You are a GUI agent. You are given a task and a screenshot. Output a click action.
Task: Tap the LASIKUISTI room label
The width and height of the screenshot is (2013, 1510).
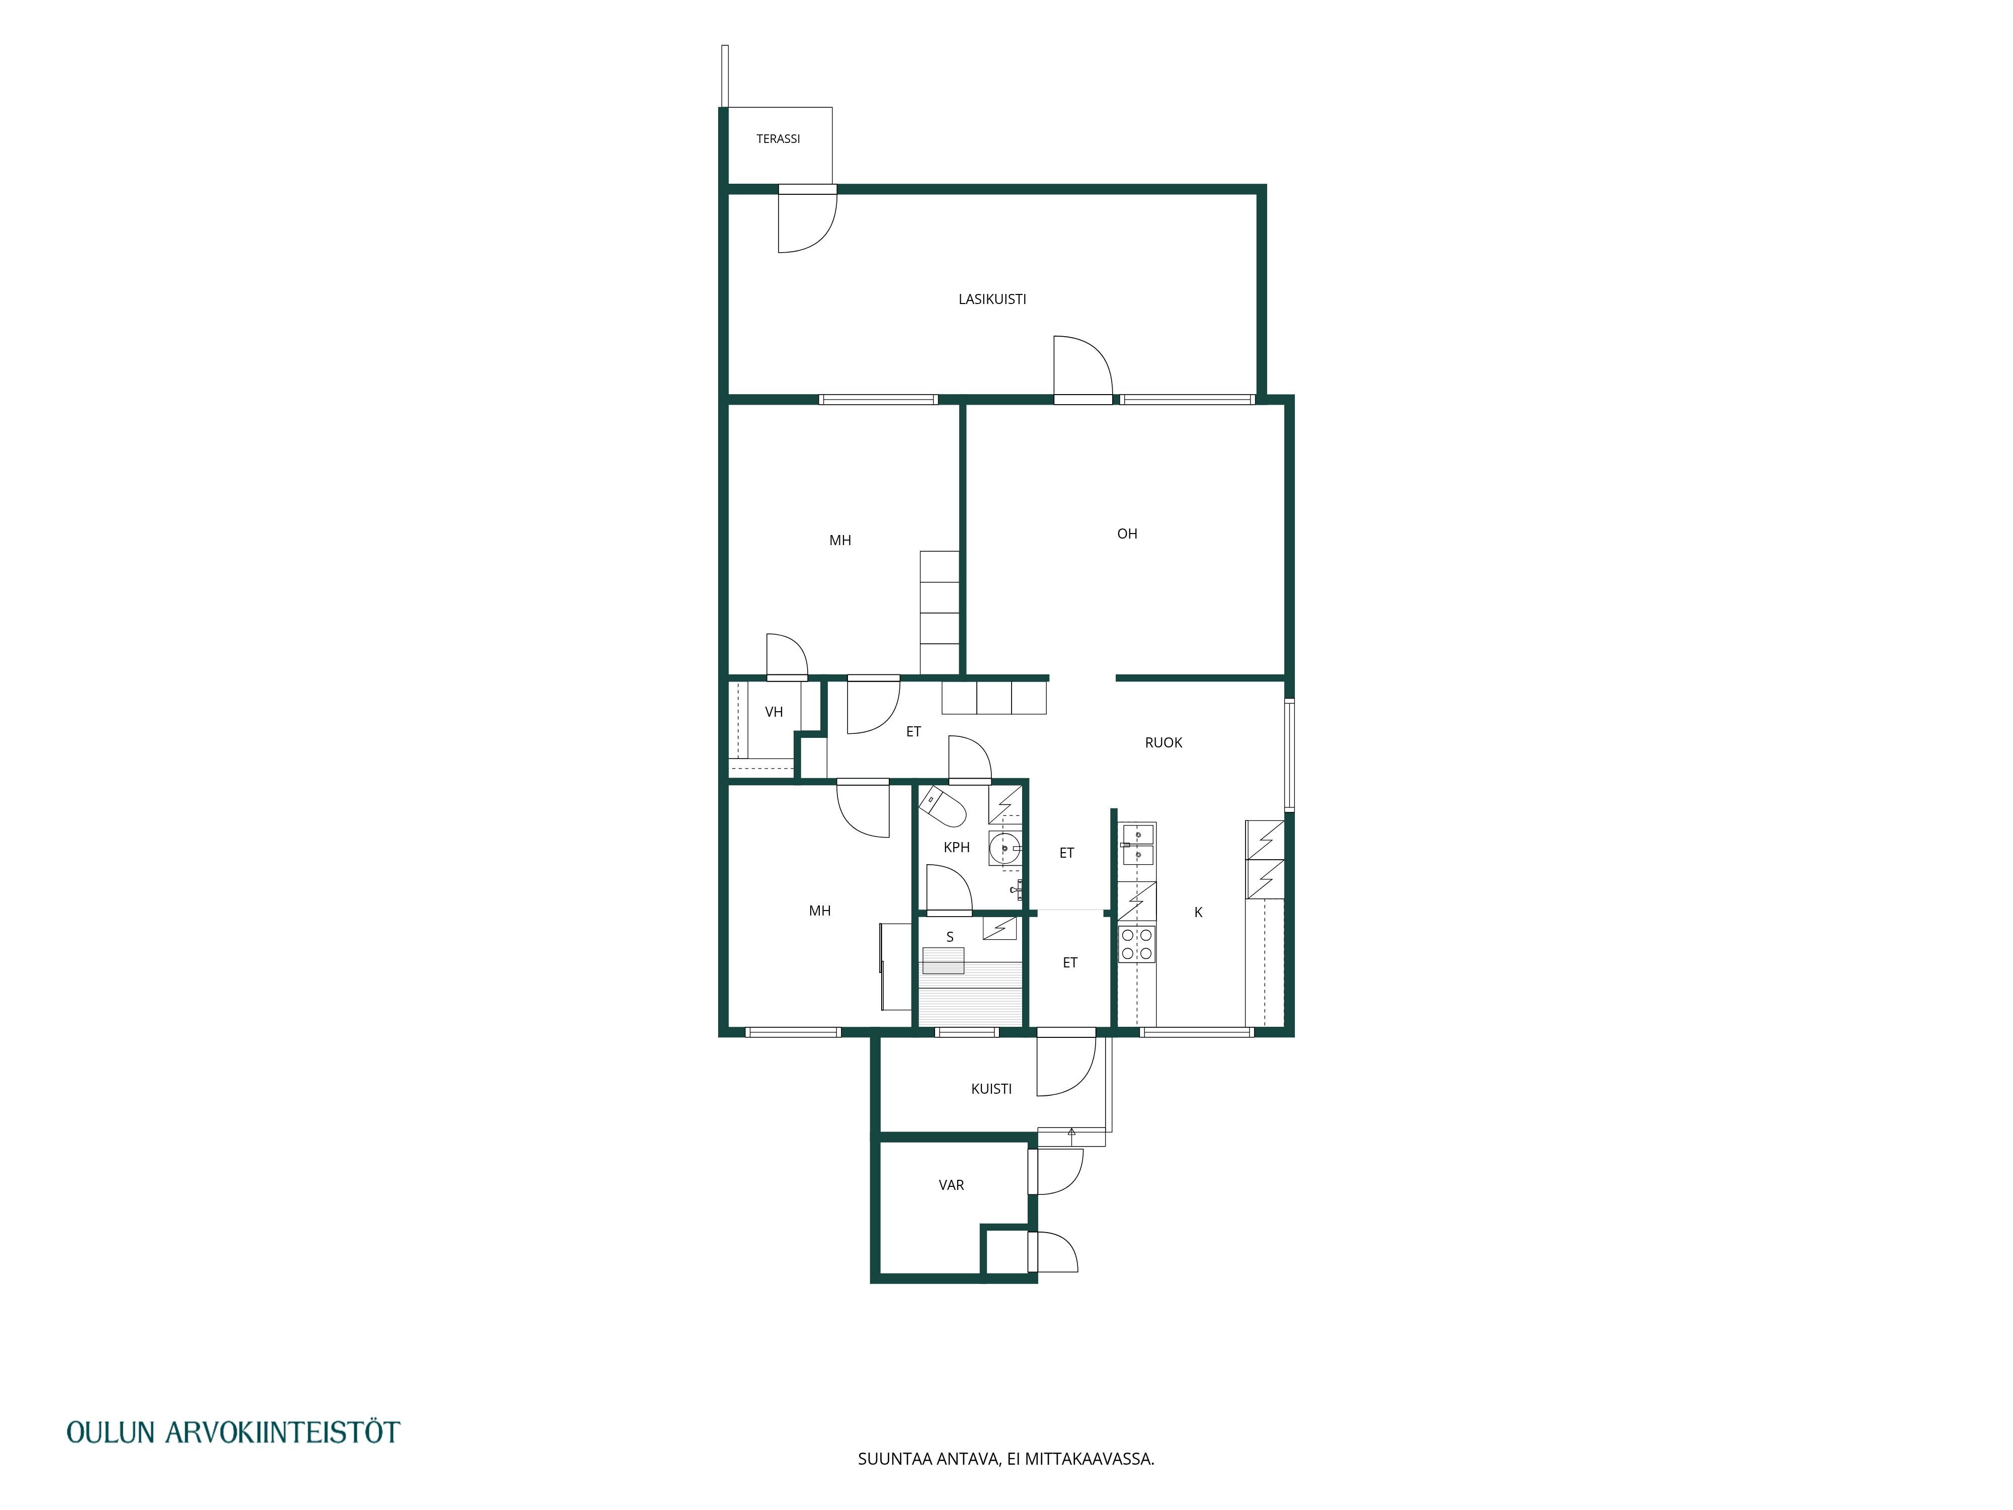pyautogui.click(x=992, y=298)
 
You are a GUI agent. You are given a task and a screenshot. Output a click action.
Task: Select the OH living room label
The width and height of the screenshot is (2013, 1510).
pyautogui.click(x=1127, y=534)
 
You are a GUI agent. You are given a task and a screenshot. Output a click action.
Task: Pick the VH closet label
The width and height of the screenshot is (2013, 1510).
pyautogui.click(x=773, y=712)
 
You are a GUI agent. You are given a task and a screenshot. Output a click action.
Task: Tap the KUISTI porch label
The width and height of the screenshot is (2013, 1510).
pyautogui.click(x=991, y=1089)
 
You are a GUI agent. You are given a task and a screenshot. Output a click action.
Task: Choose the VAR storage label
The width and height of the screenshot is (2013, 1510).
pyautogui.click(x=951, y=1185)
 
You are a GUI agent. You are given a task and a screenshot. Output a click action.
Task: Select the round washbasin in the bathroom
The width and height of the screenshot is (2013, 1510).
pyautogui.click(x=1004, y=848)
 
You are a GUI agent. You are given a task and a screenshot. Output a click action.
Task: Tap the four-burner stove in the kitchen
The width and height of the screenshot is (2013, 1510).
pyautogui.click(x=1137, y=944)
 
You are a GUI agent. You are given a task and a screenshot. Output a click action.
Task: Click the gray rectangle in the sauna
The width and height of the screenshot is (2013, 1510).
pyautogui.click(x=943, y=960)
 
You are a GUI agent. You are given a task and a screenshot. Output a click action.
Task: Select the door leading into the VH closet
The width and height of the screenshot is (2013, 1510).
pyautogui.click(x=787, y=656)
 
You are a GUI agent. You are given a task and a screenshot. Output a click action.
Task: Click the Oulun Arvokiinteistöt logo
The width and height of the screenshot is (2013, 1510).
pyautogui.click(x=233, y=1431)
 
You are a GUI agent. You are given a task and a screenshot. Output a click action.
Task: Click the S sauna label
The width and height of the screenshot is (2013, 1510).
pyautogui.click(x=950, y=937)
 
